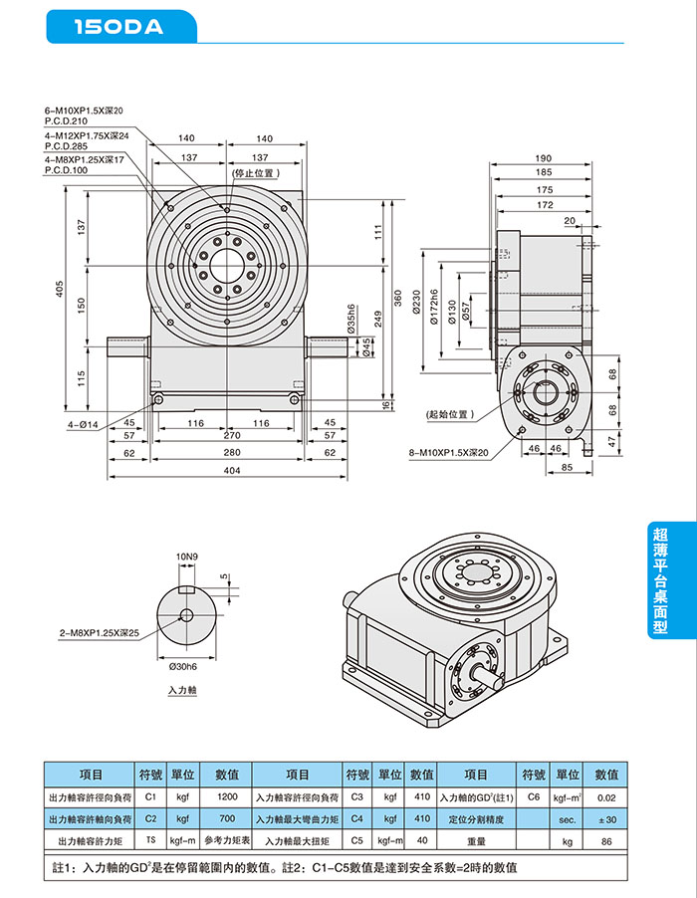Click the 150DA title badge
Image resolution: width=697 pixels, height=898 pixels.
[x=119, y=27]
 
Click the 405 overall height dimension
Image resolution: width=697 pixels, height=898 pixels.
[x=60, y=290]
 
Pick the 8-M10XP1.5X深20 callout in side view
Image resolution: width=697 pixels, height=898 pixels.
[x=448, y=453]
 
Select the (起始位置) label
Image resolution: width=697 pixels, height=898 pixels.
[x=449, y=413]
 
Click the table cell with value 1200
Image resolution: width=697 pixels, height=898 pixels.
[x=227, y=797]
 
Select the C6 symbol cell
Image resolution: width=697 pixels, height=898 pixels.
[x=534, y=797]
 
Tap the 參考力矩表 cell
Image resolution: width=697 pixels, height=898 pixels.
[x=227, y=841]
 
